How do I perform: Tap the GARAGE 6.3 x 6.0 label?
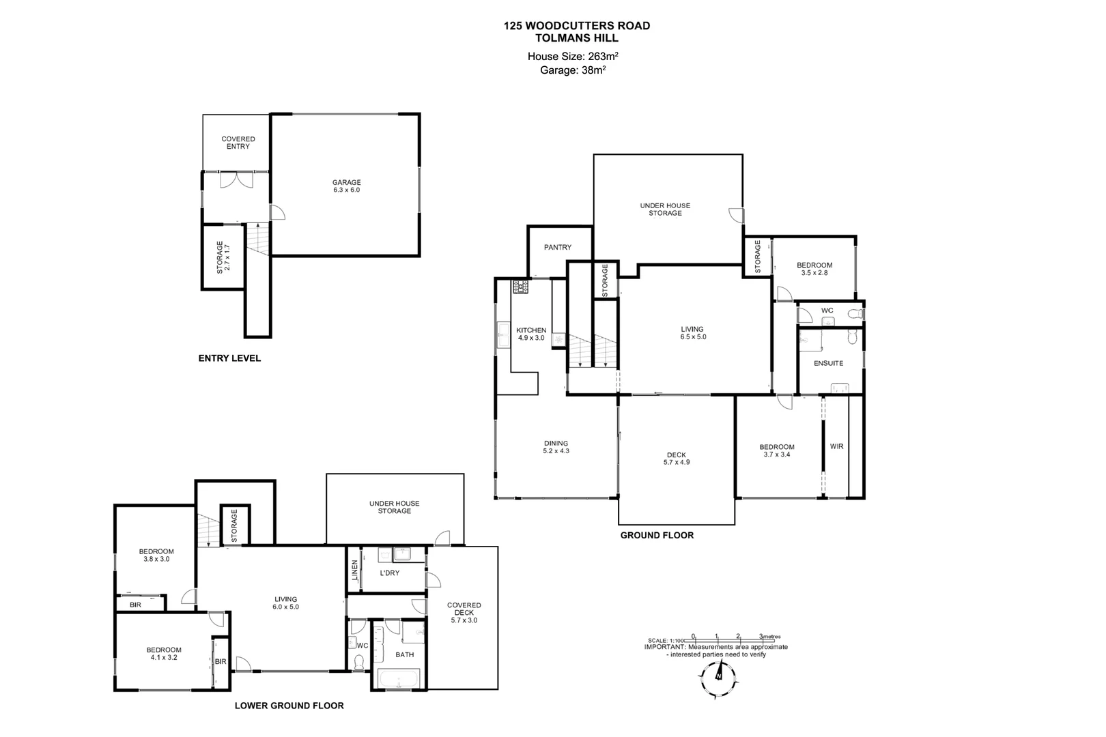(346, 186)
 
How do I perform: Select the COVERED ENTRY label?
(238, 143)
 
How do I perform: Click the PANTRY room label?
(558, 247)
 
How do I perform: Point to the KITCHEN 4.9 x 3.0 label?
(531, 334)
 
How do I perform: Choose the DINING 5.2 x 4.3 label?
(556, 447)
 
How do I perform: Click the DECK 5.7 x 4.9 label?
(676, 459)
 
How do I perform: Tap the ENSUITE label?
(828, 363)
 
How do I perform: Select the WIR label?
(836, 447)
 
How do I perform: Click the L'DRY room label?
(389, 573)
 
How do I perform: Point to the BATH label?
(405, 654)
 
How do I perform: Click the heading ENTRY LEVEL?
(229, 358)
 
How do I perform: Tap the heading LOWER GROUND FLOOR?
(289, 706)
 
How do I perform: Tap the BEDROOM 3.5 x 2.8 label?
(814, 269)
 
